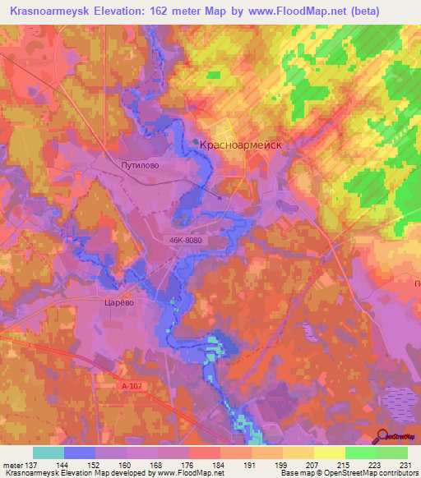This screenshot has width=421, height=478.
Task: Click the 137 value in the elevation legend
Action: (x=33, y=464)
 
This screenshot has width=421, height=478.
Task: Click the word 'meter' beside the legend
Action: (x=12, y=464)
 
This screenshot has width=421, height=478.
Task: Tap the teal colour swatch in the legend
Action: (x=49, y=453)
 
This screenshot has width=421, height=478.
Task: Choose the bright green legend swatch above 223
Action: (x=360, y=453)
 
